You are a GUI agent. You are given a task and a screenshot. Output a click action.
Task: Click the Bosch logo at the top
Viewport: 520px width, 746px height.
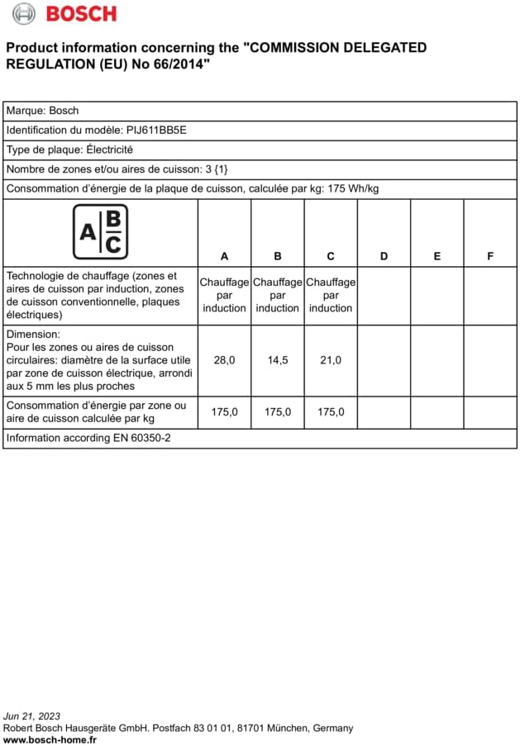point(64,13)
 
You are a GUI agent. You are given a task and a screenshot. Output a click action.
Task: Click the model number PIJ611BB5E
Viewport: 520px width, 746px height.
point(156,130)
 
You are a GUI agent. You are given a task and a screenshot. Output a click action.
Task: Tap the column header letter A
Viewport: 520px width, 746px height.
point(224,256)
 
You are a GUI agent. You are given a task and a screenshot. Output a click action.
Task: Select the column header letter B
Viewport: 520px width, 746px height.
point(278,256)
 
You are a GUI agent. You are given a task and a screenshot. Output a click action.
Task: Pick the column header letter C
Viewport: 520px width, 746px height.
point(331,256)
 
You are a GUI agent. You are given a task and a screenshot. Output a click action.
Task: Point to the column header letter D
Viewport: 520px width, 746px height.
point(384,256)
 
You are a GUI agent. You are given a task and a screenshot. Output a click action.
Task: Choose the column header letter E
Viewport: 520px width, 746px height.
point(437,256)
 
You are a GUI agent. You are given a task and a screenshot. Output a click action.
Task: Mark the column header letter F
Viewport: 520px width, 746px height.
point(490,256)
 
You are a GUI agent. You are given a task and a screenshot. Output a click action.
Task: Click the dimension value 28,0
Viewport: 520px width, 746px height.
point(224,360)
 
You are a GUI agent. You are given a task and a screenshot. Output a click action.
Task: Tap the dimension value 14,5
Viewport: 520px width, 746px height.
point(278,360)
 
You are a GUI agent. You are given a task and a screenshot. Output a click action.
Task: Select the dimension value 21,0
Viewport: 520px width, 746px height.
point(331,360)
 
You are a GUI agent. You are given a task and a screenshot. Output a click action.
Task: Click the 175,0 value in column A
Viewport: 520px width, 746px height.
point(224,411)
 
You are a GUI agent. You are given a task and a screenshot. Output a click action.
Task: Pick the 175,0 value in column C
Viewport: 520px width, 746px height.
point(331,411)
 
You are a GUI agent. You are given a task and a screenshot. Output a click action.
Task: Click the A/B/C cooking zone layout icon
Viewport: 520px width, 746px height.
point(101,231)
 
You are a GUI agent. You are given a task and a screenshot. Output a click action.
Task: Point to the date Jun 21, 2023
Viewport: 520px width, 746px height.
point(31,715)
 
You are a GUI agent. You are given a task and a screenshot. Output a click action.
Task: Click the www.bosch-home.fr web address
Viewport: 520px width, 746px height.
point(50,739)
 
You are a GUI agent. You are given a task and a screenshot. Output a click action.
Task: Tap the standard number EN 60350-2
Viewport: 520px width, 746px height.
point(142,438)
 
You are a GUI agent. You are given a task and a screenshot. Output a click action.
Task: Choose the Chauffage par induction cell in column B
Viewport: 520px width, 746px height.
point(278,295)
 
